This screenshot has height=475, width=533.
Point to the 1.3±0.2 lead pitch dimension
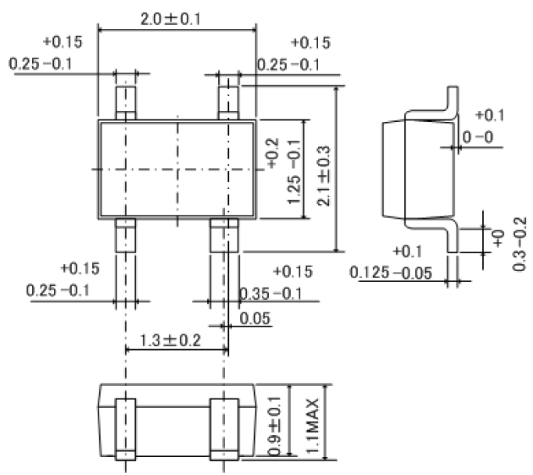point(172,341)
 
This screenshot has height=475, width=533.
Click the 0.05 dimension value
point(256,318)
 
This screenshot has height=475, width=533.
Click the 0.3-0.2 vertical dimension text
point(519,245)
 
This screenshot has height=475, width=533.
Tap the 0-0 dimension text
point(478,137)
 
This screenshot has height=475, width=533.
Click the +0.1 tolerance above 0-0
point(490,116)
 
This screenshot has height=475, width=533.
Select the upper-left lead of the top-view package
point(125,100)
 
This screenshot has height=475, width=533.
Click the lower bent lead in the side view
point(448,238)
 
